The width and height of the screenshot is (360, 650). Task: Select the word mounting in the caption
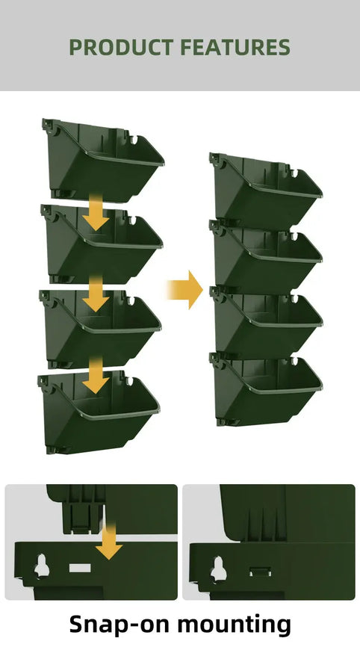coord(240,624)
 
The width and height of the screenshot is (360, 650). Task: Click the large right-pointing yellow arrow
coord(184,289)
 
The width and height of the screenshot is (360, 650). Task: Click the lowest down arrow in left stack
coord(95,375)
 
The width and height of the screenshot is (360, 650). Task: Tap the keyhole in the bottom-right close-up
coord(218,569)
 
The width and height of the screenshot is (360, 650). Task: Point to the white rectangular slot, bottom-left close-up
coord(78,569)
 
